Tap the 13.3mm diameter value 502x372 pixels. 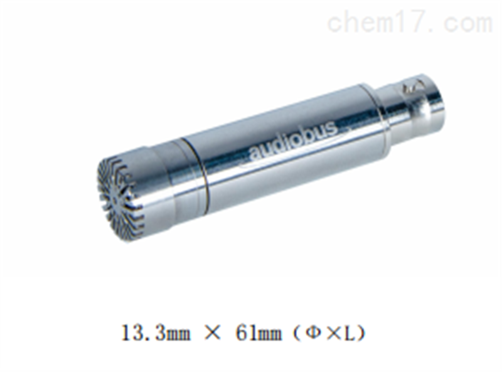(x=156, y=333)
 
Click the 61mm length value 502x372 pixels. (x=259, y=333)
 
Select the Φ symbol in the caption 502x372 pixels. (x=313, y=334)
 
